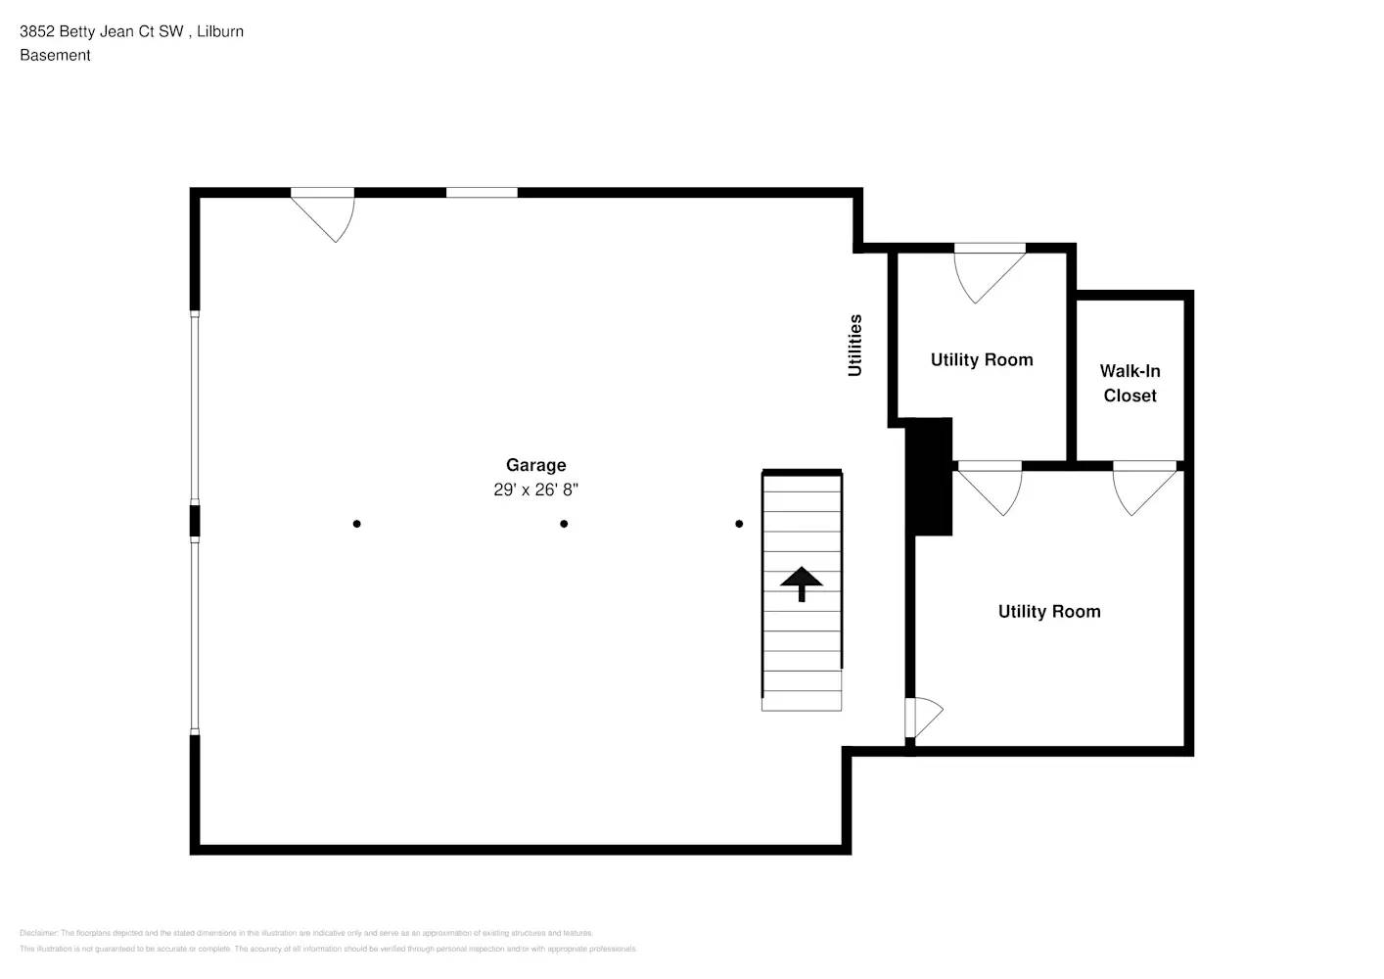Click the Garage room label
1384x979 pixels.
click(x=535, y=465)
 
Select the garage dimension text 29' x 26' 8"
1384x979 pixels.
click(x=535, y=489)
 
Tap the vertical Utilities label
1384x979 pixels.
click(x=854, y=346)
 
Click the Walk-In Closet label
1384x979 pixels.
click(x=1130, y=383)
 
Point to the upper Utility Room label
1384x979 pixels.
click(x=981, y=359)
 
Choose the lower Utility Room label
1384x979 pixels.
click(x=1048, y=611)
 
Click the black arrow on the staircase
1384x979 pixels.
click(x=802, y=583)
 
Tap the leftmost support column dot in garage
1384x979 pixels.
click(x=356, y=524)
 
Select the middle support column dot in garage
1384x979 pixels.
click(x=564, y=524)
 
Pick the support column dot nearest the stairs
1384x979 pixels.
click(x=739, y=524)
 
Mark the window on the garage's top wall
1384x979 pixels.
click(x=482, y=193)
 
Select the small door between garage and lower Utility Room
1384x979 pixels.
click(x=920, y=718)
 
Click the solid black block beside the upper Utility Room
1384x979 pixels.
click(x=929, y=477)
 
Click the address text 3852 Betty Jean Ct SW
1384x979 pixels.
click(x=102, y=31)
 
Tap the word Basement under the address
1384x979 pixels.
click(x=55, y=56)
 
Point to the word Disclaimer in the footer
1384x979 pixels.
click(x=38, y=933)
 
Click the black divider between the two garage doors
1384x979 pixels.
click(x=195, y=521)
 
